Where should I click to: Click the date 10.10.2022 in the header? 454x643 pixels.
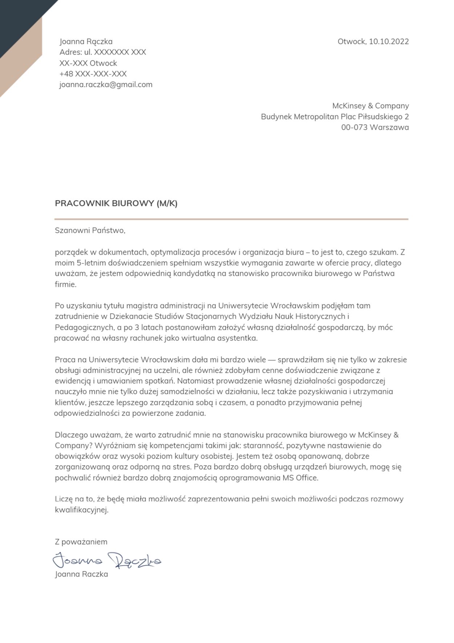pyautogui.click(x=389, y=41)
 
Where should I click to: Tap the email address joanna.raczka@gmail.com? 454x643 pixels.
pyautogui.click(x=106, y=85)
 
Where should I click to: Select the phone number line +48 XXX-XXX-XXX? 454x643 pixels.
pyautogui.click(x=93, y=74)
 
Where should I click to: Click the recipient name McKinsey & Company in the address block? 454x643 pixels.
pyautogui.click(x=370, y=106)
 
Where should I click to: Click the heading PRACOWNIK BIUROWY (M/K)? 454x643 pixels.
pyautogui.click(x=116, y=204)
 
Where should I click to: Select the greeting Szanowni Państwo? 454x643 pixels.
pyautogui.click(x=90, y=230)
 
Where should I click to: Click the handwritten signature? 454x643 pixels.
pyautogui.click(x=107, y=560)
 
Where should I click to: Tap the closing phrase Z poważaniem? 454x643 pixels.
pyautogui.click(x=81, y=542)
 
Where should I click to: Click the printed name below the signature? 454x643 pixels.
pyautogui.click(x=81, y=574)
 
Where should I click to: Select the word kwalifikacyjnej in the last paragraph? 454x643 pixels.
pyautogui.click(x=81, y=510)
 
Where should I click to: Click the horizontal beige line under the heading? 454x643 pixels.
pyautogui.click(x=231, y=219)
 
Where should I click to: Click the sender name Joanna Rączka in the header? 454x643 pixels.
pyautogui.click(x=86, y=41)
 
